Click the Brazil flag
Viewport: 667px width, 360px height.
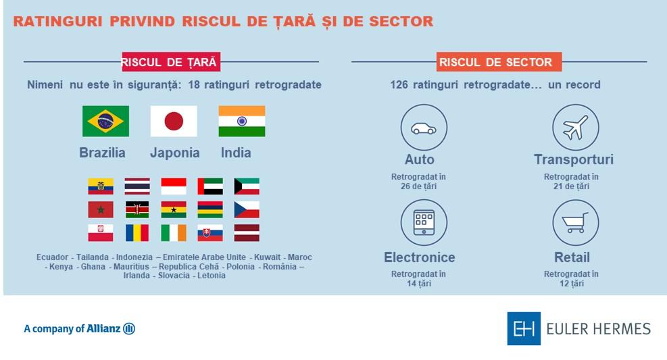(x=105, y=122)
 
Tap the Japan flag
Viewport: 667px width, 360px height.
(x=174, y=122)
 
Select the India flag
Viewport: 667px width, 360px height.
(x=241, y=122)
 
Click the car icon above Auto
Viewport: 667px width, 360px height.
(x=424, y=128)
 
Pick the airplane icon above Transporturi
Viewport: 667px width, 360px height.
(x=575, y=128)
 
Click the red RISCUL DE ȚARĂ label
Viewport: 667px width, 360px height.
(x=171, y=62)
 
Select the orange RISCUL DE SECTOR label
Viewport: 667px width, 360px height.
(x=495, y=62)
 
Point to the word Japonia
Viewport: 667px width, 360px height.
(x=174, y=153)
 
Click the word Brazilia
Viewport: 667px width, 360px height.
(x=103, y=153)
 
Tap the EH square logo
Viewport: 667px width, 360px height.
(x=524, y=329)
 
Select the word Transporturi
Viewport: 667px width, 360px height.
(x=574, y=160)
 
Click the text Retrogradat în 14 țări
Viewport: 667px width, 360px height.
(x=418, y=279)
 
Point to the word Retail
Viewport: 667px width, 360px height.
(x=572, y=257)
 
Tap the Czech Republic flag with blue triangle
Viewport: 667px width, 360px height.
(x=247, y=209)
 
